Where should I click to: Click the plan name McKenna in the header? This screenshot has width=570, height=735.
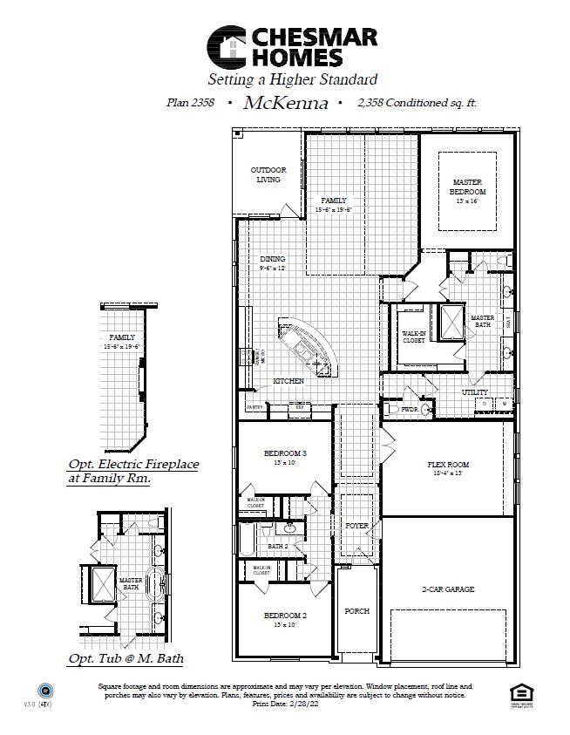click(285, 103)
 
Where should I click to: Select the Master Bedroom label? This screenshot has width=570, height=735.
click(467, 187)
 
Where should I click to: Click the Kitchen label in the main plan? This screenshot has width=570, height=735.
click(288, 381)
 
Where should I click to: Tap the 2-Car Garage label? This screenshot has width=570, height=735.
click(448, 589)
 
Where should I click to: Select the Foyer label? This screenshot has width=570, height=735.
click(356, 526)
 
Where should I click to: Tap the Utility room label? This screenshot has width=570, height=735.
click(475, 392)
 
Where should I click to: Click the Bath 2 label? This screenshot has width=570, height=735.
click(277, 546)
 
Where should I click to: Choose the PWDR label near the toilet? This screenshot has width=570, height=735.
click(410, 407)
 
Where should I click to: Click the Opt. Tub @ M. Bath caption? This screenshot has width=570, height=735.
click(126, 658)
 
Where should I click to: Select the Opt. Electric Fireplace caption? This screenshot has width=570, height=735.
click(132, 472)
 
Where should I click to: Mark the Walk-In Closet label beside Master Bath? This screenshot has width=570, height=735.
click(413, 337)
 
